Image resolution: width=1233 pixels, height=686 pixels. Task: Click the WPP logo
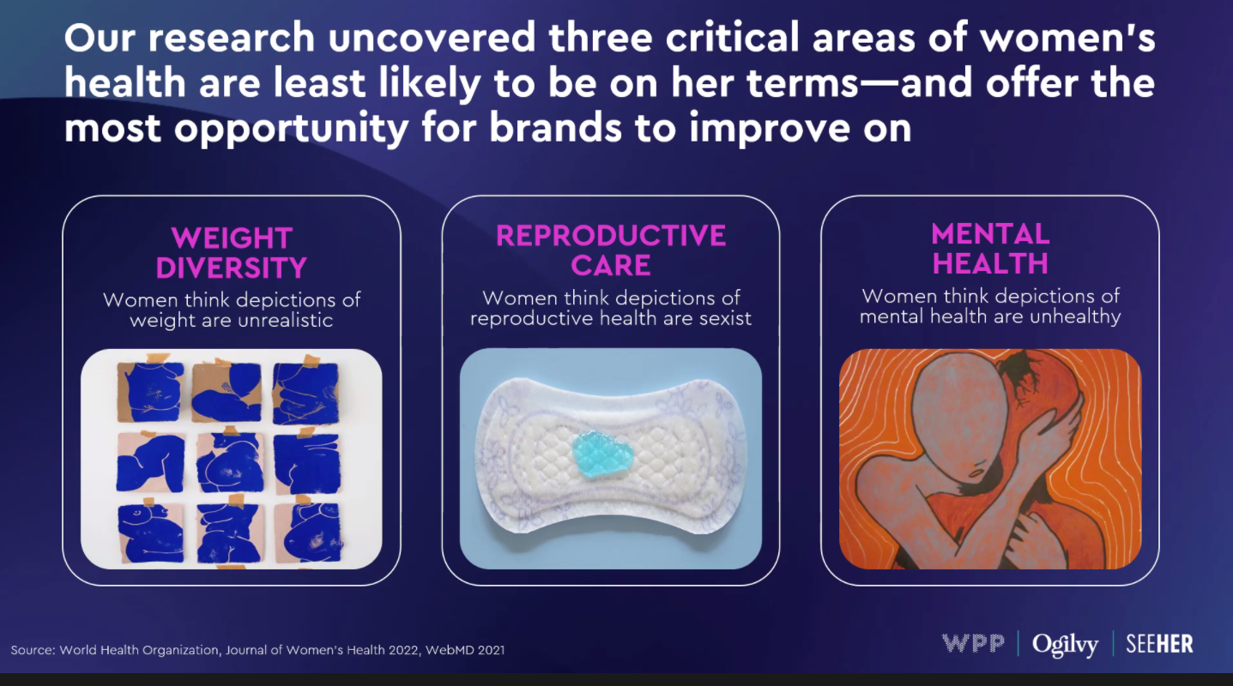click(x=973, y=643)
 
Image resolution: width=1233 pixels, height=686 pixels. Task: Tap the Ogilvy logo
click(x=1065, y=645)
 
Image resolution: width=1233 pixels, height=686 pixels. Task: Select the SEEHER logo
click(x=1159, y=644)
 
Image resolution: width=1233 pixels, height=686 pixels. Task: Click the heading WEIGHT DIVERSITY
click(x=231, y=253)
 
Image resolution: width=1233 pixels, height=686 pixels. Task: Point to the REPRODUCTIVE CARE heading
click(x=610, y=250)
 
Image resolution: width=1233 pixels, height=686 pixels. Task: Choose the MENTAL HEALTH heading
click(x=990, y=249)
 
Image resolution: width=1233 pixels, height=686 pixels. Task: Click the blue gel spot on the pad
click(x=602, y=454)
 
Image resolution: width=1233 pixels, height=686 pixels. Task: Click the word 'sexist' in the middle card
click(x=725, y=318)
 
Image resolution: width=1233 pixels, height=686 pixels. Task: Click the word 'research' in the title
click(x=231, y=38)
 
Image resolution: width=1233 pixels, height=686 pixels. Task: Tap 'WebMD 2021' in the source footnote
click(x=465, y=650)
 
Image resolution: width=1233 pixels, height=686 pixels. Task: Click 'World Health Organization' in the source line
click(x=140, y=650)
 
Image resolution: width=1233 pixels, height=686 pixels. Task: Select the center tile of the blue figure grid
click(x=230, y=462)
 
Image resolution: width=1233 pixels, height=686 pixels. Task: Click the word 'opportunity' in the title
click(x=291, y=129)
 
